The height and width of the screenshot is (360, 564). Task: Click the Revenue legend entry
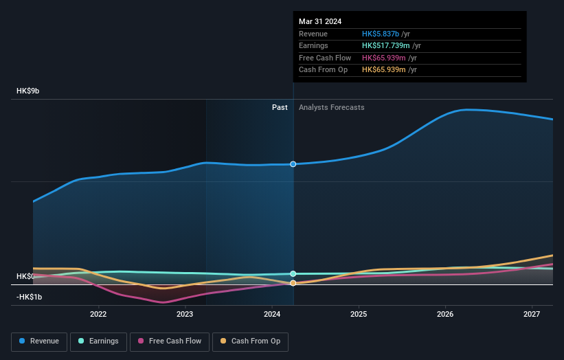(39, 341)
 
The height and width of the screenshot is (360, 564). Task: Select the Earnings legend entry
(98, 341)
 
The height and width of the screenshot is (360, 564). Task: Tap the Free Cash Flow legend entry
(169, 341)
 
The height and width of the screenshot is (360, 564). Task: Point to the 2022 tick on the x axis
(98, 314)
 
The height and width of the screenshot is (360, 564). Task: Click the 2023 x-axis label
(185, 314)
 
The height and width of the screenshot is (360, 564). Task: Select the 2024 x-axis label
(272, 314)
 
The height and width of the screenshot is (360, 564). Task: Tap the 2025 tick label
(358, 314)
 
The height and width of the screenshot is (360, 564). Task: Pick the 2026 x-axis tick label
(445, 314)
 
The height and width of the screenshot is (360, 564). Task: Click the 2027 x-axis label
(532, 314)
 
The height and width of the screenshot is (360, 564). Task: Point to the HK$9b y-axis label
(28, 91)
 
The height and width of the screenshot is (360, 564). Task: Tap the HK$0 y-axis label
(25, 276)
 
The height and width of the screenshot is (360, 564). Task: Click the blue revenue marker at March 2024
(293, 164)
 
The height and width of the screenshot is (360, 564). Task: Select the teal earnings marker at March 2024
(293, 273)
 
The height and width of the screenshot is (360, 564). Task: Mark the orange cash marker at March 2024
(293, 283)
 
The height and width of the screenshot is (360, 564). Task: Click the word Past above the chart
(280, 107)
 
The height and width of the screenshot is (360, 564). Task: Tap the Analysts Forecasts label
(331, 107)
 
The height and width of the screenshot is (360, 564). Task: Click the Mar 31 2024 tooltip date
(320, 21)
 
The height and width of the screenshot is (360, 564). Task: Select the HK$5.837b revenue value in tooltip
(386, 34)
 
